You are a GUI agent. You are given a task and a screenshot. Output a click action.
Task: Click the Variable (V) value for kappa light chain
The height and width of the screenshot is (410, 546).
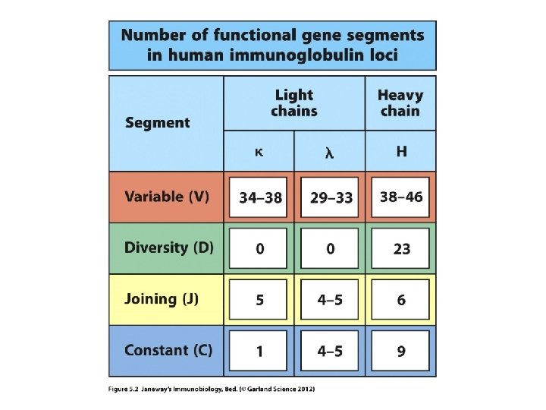(x=260, y=197)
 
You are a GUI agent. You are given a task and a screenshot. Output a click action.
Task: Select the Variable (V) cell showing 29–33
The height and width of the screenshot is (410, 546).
(x=331, y=197)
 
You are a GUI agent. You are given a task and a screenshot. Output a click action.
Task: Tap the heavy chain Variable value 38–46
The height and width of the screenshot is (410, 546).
(x=401, y=197)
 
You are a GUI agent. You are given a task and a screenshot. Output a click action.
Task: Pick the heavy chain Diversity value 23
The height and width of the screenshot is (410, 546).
(x=401, y=248)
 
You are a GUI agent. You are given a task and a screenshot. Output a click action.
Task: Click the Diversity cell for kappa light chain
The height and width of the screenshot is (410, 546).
(x=260, y=248)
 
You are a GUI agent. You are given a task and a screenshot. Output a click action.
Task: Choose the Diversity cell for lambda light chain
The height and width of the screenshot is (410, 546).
(x=331, y=248)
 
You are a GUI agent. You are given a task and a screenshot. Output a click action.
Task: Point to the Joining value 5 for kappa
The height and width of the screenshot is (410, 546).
(x=260, y=299)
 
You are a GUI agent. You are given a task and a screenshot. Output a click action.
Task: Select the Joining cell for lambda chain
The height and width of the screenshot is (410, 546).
(x=331, y=299)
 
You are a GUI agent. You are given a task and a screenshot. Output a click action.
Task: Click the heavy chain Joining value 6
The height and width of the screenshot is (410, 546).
(x=401, y=299)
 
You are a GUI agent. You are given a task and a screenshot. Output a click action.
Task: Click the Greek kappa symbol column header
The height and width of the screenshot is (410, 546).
(x=259, y=152)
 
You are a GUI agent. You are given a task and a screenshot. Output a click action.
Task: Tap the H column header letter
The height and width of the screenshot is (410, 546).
(x=401, y=152)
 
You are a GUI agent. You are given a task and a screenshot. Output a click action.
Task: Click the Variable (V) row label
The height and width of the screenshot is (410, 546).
(x=167, y=197)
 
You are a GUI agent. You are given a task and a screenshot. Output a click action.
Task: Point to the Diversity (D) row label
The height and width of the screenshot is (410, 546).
(x=169, y=248)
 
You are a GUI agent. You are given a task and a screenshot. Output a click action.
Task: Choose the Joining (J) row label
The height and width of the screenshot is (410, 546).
(x=162, y=298)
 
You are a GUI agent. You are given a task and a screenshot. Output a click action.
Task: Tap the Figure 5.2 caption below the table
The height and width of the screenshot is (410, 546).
(x=212, y=389)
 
